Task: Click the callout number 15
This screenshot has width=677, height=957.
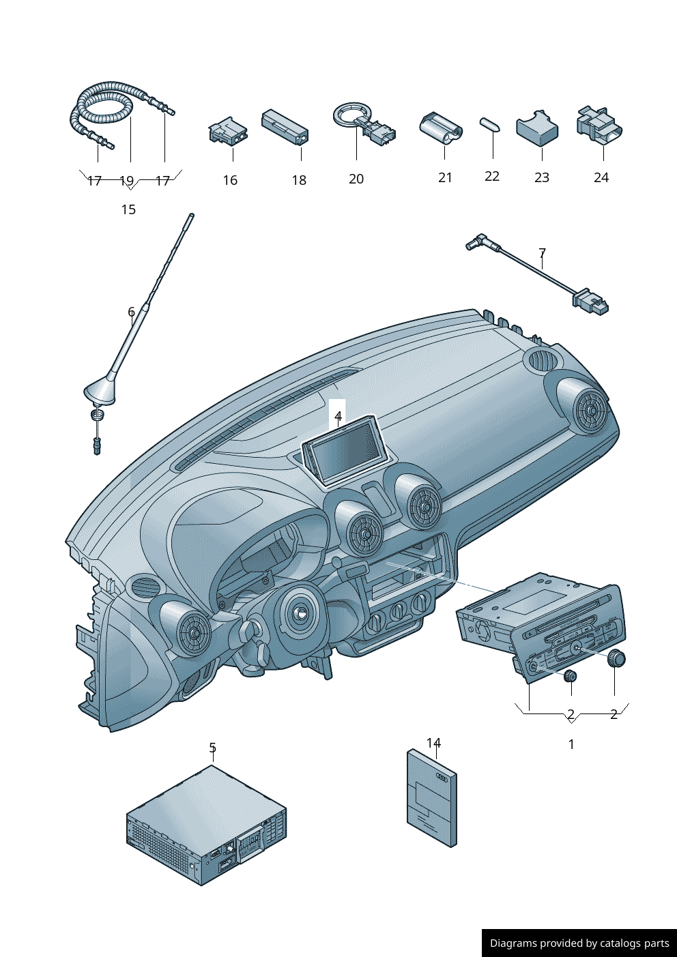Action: (x=128, y=209)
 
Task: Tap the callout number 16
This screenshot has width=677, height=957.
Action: (x=230, y=180)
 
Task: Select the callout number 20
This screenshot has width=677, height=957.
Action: (x=356, y=179)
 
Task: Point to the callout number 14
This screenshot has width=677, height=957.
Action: (x=434, y=743)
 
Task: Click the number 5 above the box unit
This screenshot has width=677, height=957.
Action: (x=213, y=748)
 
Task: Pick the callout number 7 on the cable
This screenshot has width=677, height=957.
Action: (x=542, y=253)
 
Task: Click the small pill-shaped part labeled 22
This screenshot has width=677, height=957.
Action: (x=490, y=123)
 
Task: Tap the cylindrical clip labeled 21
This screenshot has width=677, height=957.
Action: (x=440, y=128)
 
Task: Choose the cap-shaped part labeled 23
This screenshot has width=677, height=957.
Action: (x=537, y=128)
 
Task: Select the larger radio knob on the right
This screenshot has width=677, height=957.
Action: (x=617, y=659)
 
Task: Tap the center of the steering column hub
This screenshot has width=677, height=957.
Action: (x=299, y=612)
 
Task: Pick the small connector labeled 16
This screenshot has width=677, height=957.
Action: (x=228, y=130)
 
